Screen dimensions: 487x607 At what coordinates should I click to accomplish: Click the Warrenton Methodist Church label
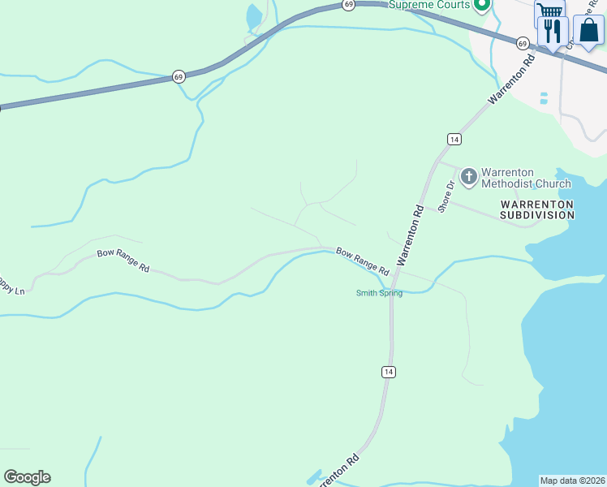coord(526,177)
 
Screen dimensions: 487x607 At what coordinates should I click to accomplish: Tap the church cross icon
coord(469,176)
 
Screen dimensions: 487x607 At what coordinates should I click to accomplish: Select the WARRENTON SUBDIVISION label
coord(536,209)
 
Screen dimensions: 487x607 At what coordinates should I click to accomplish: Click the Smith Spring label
coord(379,293)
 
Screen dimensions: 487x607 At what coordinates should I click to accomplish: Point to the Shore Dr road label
coord(445,196)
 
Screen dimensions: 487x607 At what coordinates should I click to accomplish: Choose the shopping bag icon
coord(588,31)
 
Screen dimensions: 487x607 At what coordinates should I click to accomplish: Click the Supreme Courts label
coord(429,5)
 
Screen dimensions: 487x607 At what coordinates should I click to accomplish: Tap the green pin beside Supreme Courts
coord(482,6)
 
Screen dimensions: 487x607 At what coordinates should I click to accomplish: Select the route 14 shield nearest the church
coord(454,140)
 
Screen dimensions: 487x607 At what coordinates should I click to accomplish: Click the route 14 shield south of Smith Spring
coord(389,371)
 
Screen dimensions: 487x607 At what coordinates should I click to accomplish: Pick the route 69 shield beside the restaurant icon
coord(523,42)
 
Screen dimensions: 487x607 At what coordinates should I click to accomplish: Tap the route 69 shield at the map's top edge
coord(348,5)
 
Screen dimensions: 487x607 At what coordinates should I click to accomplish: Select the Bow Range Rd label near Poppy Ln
coord(123,260)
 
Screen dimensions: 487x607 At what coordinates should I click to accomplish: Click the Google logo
coord(27,477)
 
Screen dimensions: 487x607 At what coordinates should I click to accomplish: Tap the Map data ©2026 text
coord(573,481)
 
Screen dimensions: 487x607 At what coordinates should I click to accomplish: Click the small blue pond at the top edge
coord(254,15)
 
